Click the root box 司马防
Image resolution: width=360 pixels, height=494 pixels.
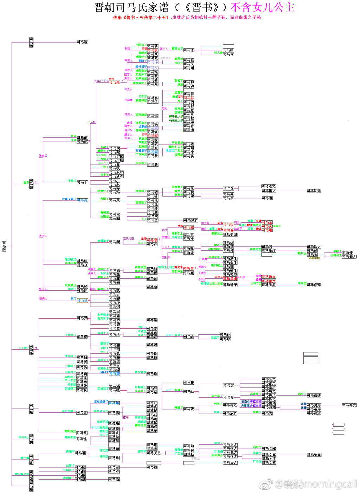4,246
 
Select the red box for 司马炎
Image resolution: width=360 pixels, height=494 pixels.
114,82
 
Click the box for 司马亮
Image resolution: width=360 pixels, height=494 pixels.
82,200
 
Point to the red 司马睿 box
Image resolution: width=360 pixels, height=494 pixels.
152,240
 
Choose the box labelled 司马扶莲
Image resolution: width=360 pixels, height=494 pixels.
314,191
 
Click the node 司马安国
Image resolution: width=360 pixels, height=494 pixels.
230,235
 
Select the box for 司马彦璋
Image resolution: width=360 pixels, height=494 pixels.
314,285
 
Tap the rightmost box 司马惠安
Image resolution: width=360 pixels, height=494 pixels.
349,405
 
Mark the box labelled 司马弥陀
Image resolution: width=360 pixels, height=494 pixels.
314,455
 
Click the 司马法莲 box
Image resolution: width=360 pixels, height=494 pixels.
314,396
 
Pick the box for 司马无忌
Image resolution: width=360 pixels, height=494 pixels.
154,453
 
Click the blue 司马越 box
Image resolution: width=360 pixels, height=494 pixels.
114,403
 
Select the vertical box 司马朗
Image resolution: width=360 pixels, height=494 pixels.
31,43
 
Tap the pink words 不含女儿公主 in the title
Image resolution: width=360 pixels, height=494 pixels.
262,7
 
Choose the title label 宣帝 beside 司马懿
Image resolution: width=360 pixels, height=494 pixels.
26,182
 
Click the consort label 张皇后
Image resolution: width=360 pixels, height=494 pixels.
43,155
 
